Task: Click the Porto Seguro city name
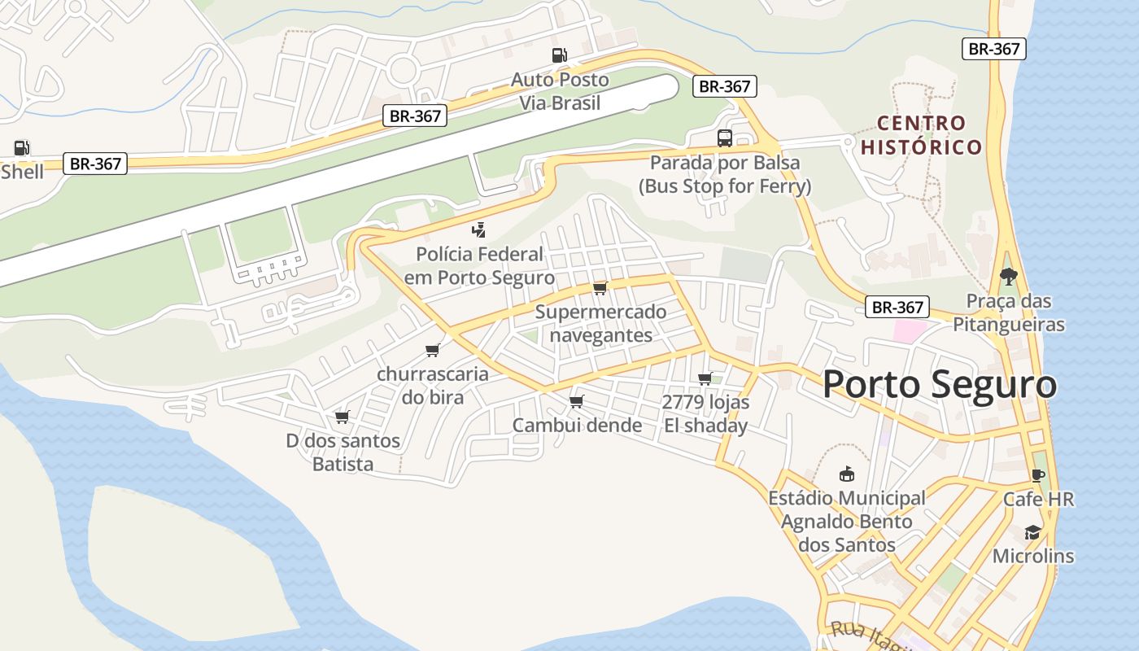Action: [x=940, y=384]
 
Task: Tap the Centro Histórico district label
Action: [x=922, y=135]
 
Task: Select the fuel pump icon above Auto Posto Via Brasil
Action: [x=559, y=55]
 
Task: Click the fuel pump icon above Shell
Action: [x=22, y=148]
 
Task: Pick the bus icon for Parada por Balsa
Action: [x=724, y=138]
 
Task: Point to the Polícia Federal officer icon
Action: [x=479, y=230]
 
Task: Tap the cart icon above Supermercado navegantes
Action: [x=600, y=288]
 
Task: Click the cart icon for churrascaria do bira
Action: [x=433, y=350]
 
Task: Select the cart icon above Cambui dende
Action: [x=577, y=401]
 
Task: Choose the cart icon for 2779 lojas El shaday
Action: [x=705, y=378]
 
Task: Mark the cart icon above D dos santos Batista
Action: [x=343, y=417]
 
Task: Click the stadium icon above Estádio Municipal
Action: [x=846, y=474]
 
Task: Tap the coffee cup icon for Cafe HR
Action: [x=1037, y=475]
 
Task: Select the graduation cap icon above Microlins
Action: [x=1032, y=532]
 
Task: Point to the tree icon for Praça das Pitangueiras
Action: [x=1008, y=277]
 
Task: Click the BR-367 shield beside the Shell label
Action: [x=95, y=164]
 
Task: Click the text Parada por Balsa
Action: [x=724, y=163]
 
